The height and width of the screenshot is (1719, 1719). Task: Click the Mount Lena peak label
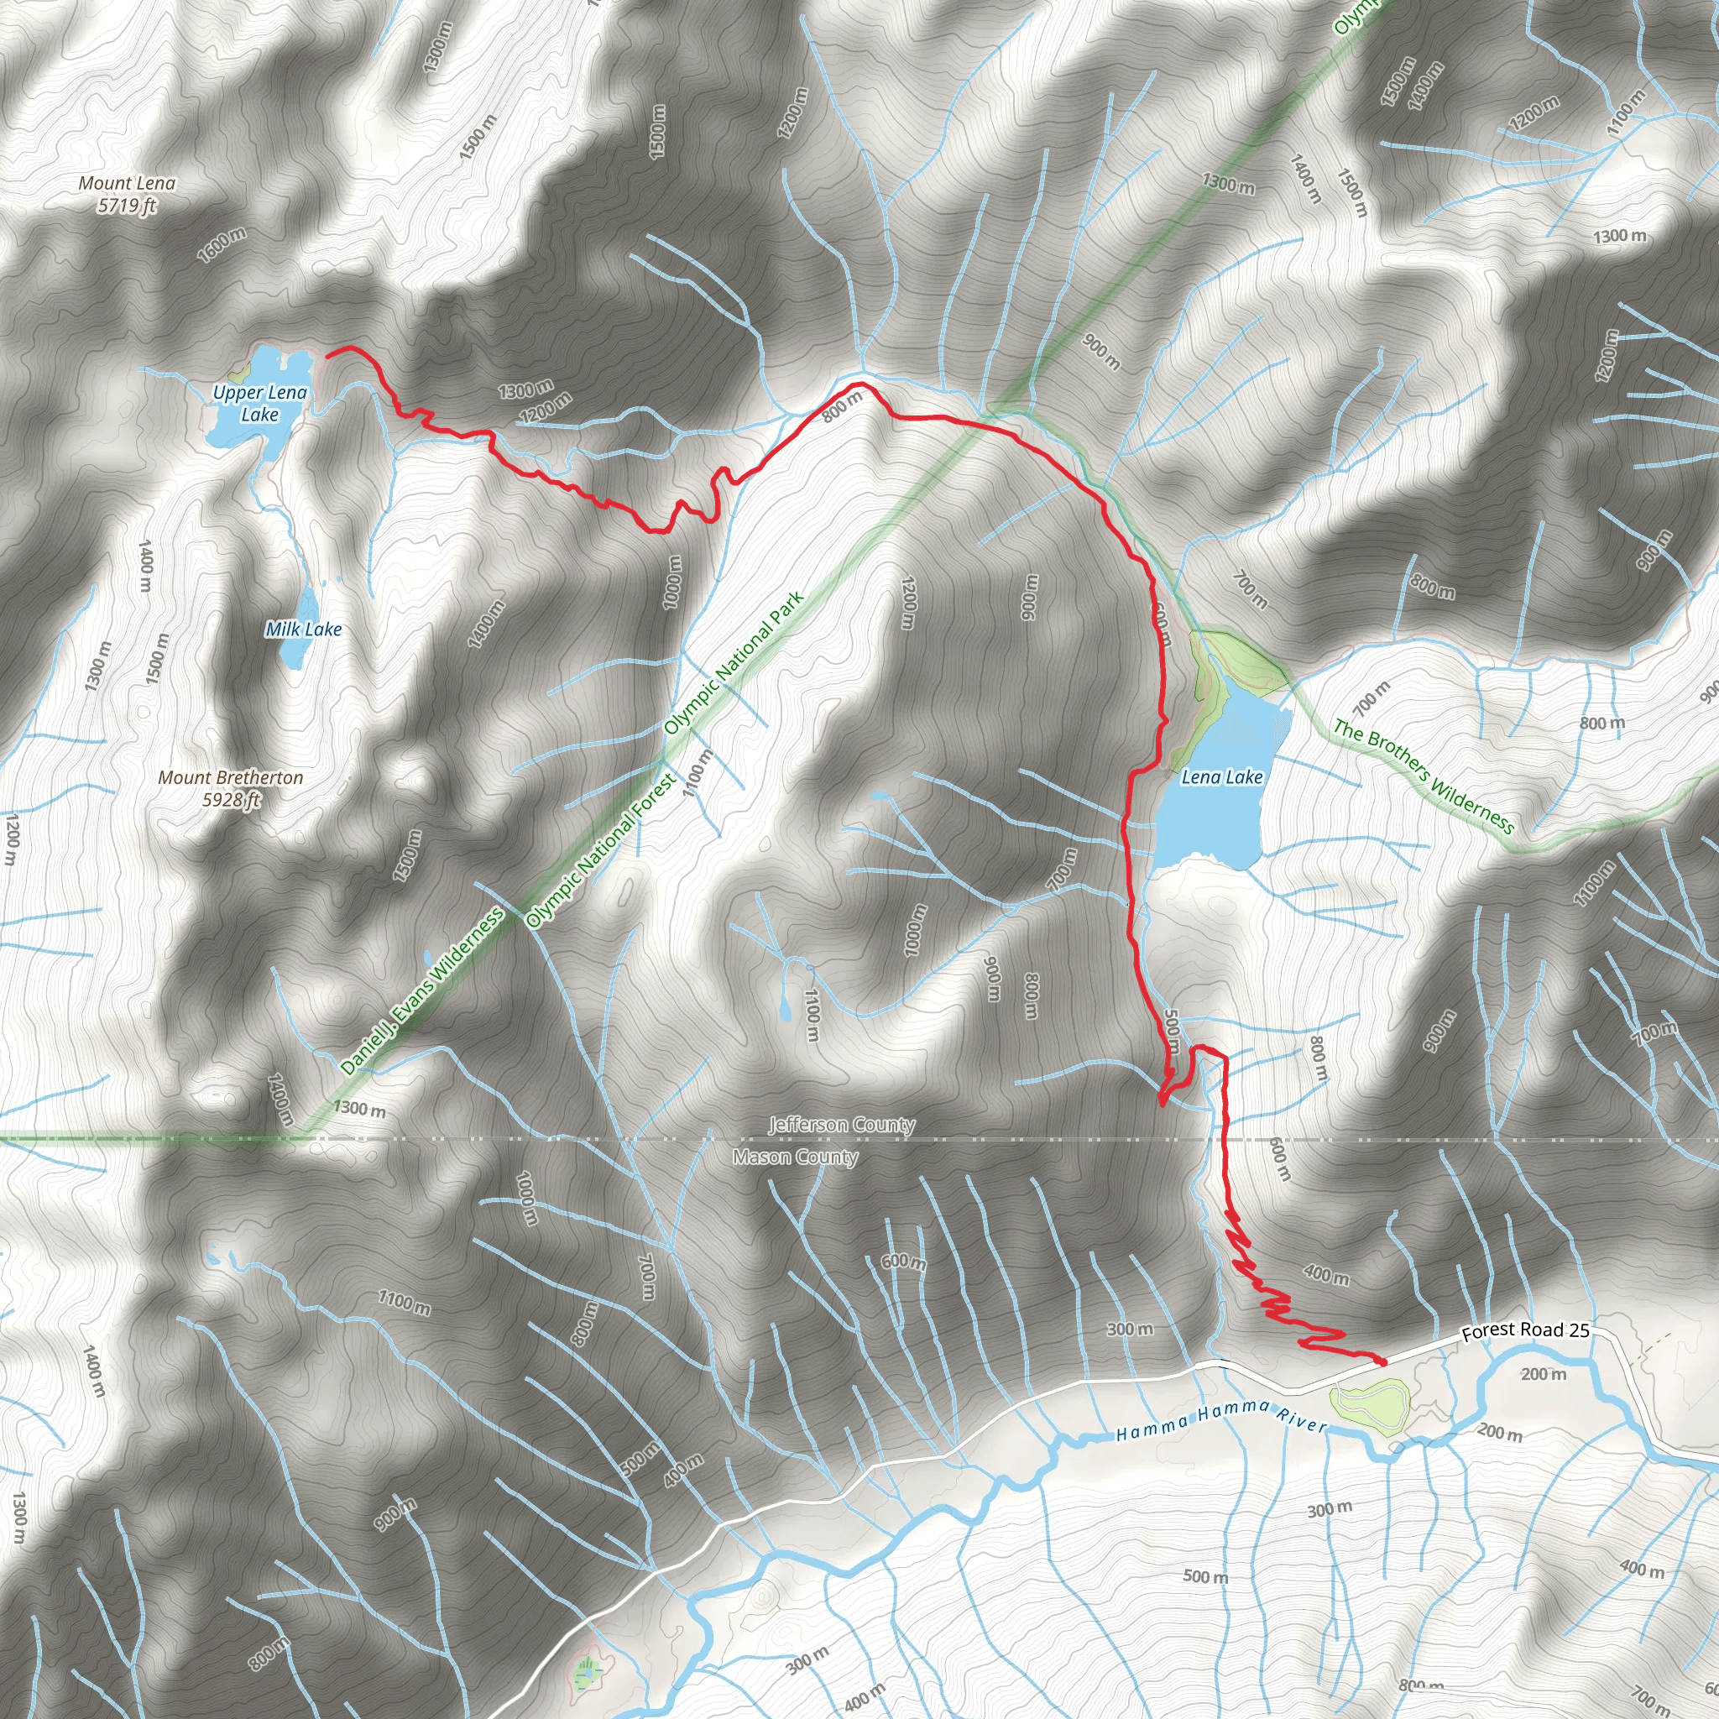(x=128, y=183)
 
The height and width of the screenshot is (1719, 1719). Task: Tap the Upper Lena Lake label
(x=260, y=403)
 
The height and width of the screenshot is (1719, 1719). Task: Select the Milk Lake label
(x=303, y=629)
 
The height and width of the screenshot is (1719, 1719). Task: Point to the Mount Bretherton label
(x=231, y=777)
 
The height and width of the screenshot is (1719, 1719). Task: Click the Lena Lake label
(x=1221, y=776)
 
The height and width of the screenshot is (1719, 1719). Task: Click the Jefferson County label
(x=842, y=1125)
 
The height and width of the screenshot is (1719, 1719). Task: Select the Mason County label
(x=796, y=1157)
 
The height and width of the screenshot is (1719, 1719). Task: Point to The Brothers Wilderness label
(x=1423, y=776)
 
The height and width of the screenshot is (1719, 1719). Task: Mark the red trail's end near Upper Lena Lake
(x=328, y=355)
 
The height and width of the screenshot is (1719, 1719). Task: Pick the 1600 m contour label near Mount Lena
(x=222, y=245)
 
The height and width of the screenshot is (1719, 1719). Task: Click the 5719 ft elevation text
(x=128, y=206)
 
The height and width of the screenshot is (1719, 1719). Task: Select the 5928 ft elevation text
(x=231, y=800)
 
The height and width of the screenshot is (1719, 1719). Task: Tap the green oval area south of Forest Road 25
(x=1370, y=1403)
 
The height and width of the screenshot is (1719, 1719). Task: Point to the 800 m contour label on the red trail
(x=842, y=406)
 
